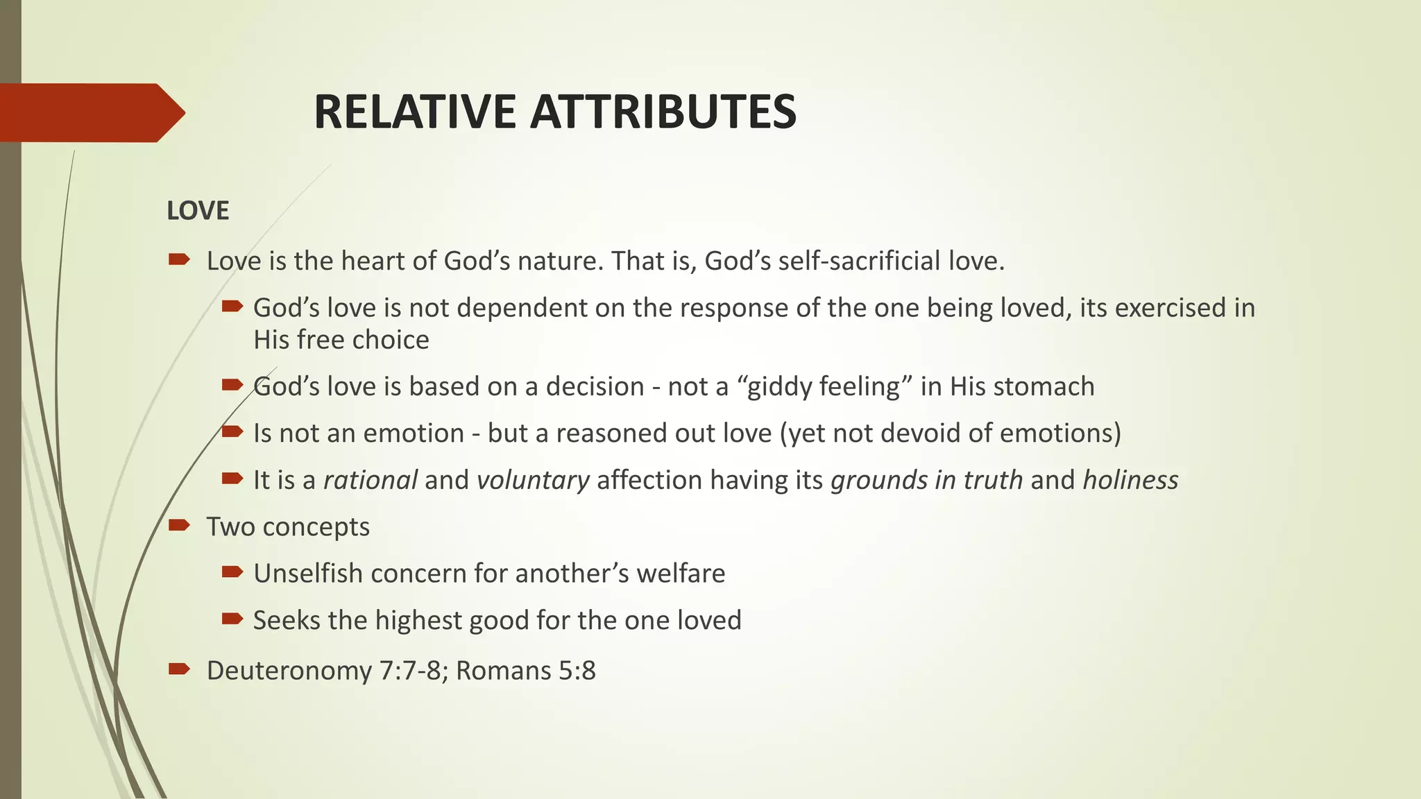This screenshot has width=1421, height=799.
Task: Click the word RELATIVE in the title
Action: click(415, 112)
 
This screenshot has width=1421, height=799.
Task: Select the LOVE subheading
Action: click(198, 211)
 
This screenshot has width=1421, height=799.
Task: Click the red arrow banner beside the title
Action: click(90, 112)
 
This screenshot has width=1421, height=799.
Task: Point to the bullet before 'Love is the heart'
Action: click(179, 260)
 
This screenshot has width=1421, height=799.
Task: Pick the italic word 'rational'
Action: click(371, 480)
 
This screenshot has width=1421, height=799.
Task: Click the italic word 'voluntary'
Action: click(533, 480)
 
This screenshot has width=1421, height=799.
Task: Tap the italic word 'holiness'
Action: click(1130, 480)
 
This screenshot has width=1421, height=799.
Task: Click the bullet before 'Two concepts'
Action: click(179, 525)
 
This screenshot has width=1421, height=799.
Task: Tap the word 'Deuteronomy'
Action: click(289, 671)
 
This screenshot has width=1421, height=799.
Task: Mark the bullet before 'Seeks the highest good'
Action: click(232, 619)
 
